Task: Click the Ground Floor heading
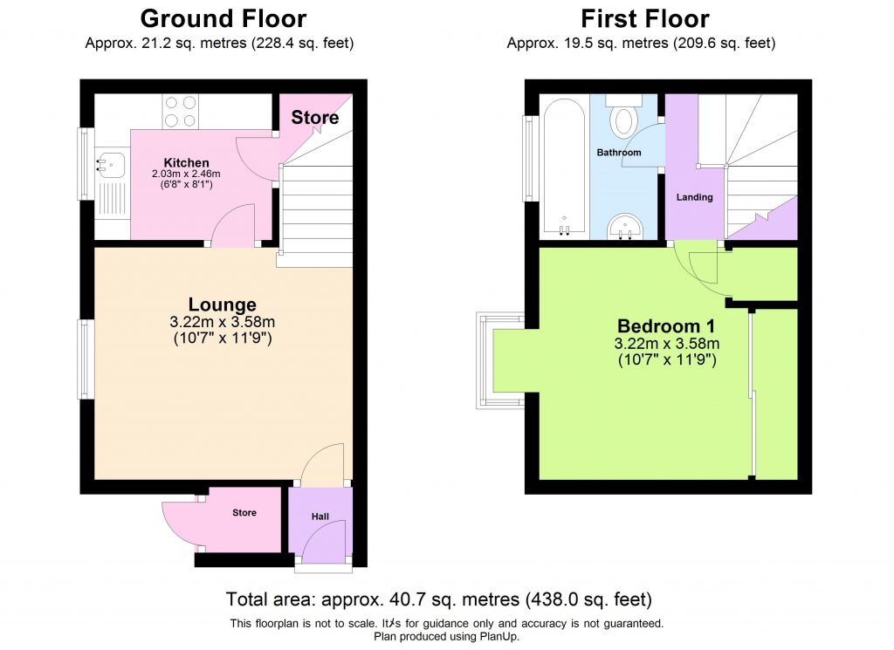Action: (x=223, y=18)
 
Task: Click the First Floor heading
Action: (x=644, y=18)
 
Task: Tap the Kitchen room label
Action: (x=187, y=162)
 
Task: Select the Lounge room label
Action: (x=223, y=304)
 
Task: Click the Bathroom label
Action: (x=619, y=153)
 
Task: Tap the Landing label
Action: (x=694, y=197)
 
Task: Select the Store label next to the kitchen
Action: (x=314, y=118)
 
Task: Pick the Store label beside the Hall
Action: (x=244, y=513)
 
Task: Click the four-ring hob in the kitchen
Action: (x=180, y=112)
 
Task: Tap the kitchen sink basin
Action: (x=110, y=161)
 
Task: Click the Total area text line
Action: (x=438, y=599)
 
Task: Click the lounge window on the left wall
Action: (x=86, y=359)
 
